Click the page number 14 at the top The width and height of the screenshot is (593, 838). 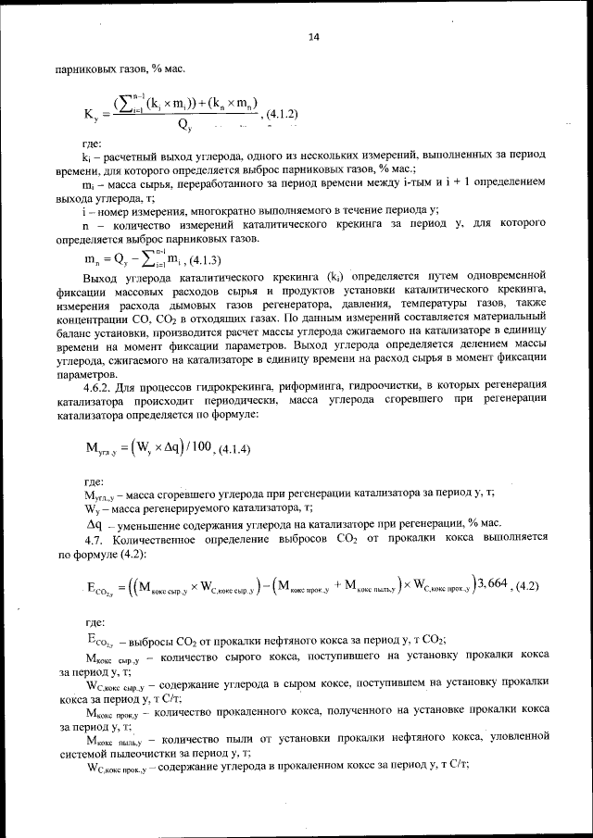click(312, 37)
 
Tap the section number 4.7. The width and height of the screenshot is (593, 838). click(95, 538)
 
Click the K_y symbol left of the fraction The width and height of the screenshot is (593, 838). click(91, 115)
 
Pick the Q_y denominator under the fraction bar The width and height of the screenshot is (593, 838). click(186, 125)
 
